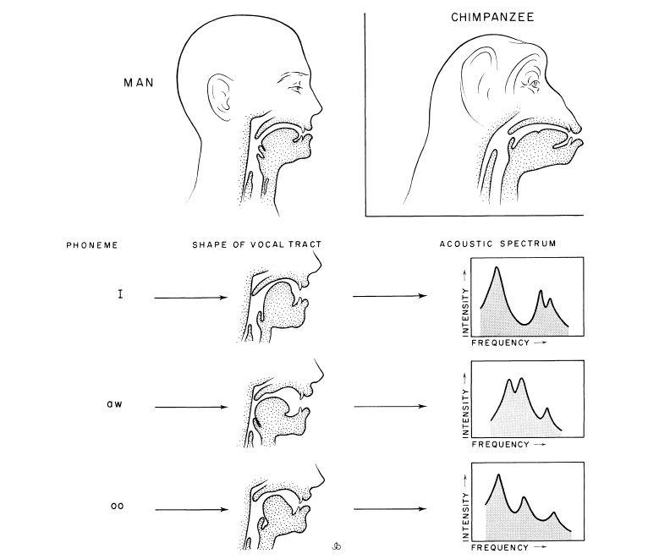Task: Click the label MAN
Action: tap(139, 82)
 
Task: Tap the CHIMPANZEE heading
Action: tap(492, 17)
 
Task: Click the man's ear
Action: tap(219, 96)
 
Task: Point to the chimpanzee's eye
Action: tap(534, 84)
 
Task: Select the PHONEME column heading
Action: tap(92, 245)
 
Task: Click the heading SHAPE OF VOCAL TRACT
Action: tap(257, 244)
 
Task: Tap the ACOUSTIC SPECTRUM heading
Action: tap(498, 244)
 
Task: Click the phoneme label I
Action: tap(120, 294)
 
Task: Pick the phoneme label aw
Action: tap(114, 405)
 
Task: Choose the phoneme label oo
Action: tap(118, 506)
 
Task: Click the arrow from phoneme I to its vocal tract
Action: tap(191, 298)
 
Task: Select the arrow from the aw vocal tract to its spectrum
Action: tap(391, 407)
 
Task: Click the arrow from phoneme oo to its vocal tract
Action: tap(192, 510)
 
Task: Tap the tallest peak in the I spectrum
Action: tap(497, 268)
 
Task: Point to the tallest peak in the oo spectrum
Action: tap(498, 475)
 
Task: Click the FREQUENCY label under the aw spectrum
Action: tap(500, 444)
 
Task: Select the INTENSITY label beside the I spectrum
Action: tap(465, 312)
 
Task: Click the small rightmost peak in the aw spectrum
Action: tap(546, 408)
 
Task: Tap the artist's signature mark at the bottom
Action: tap(336, 546)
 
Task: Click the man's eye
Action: tap(297, 87)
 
